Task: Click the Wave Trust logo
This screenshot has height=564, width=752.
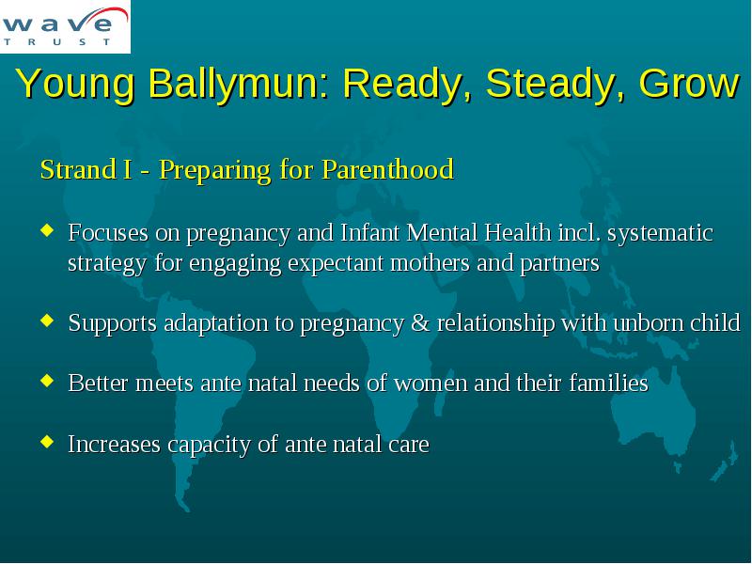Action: pos(65,26)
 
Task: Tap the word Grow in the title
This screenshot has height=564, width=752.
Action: pos(689,83)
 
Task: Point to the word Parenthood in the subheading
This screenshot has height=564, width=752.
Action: pos(388,169)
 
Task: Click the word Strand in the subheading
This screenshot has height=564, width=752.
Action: pos(78,169)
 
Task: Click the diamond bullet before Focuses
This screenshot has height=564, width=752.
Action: pos(47,230)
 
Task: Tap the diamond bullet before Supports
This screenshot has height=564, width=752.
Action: pos(47,320)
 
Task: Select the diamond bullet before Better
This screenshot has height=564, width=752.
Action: pos(47,381)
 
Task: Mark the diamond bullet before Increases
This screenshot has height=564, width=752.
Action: pos(47,441)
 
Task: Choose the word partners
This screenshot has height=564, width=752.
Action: pos(560,263)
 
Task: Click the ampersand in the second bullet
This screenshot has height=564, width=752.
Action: pos(420,322)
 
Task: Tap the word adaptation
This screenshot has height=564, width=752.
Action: pos(216,323)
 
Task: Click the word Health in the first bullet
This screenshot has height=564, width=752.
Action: pos(518,232)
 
